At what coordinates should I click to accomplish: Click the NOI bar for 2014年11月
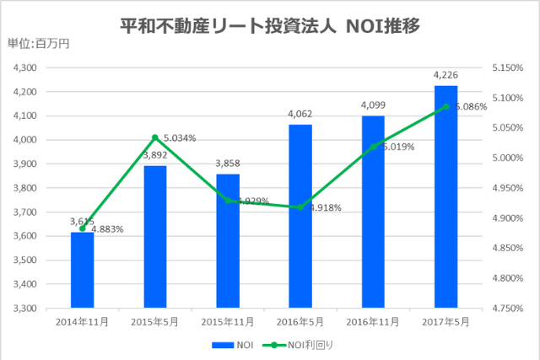(82, 270)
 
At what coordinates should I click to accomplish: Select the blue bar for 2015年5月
(155, 236)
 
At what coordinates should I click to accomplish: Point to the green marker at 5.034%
(155, 137)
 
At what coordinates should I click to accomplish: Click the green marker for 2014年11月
(82, 228)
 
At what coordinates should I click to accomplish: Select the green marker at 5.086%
(445, 106)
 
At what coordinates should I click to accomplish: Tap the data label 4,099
(373, 105)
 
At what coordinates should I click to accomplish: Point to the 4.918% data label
(324, 207)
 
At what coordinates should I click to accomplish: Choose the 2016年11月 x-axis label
(373, 321)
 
